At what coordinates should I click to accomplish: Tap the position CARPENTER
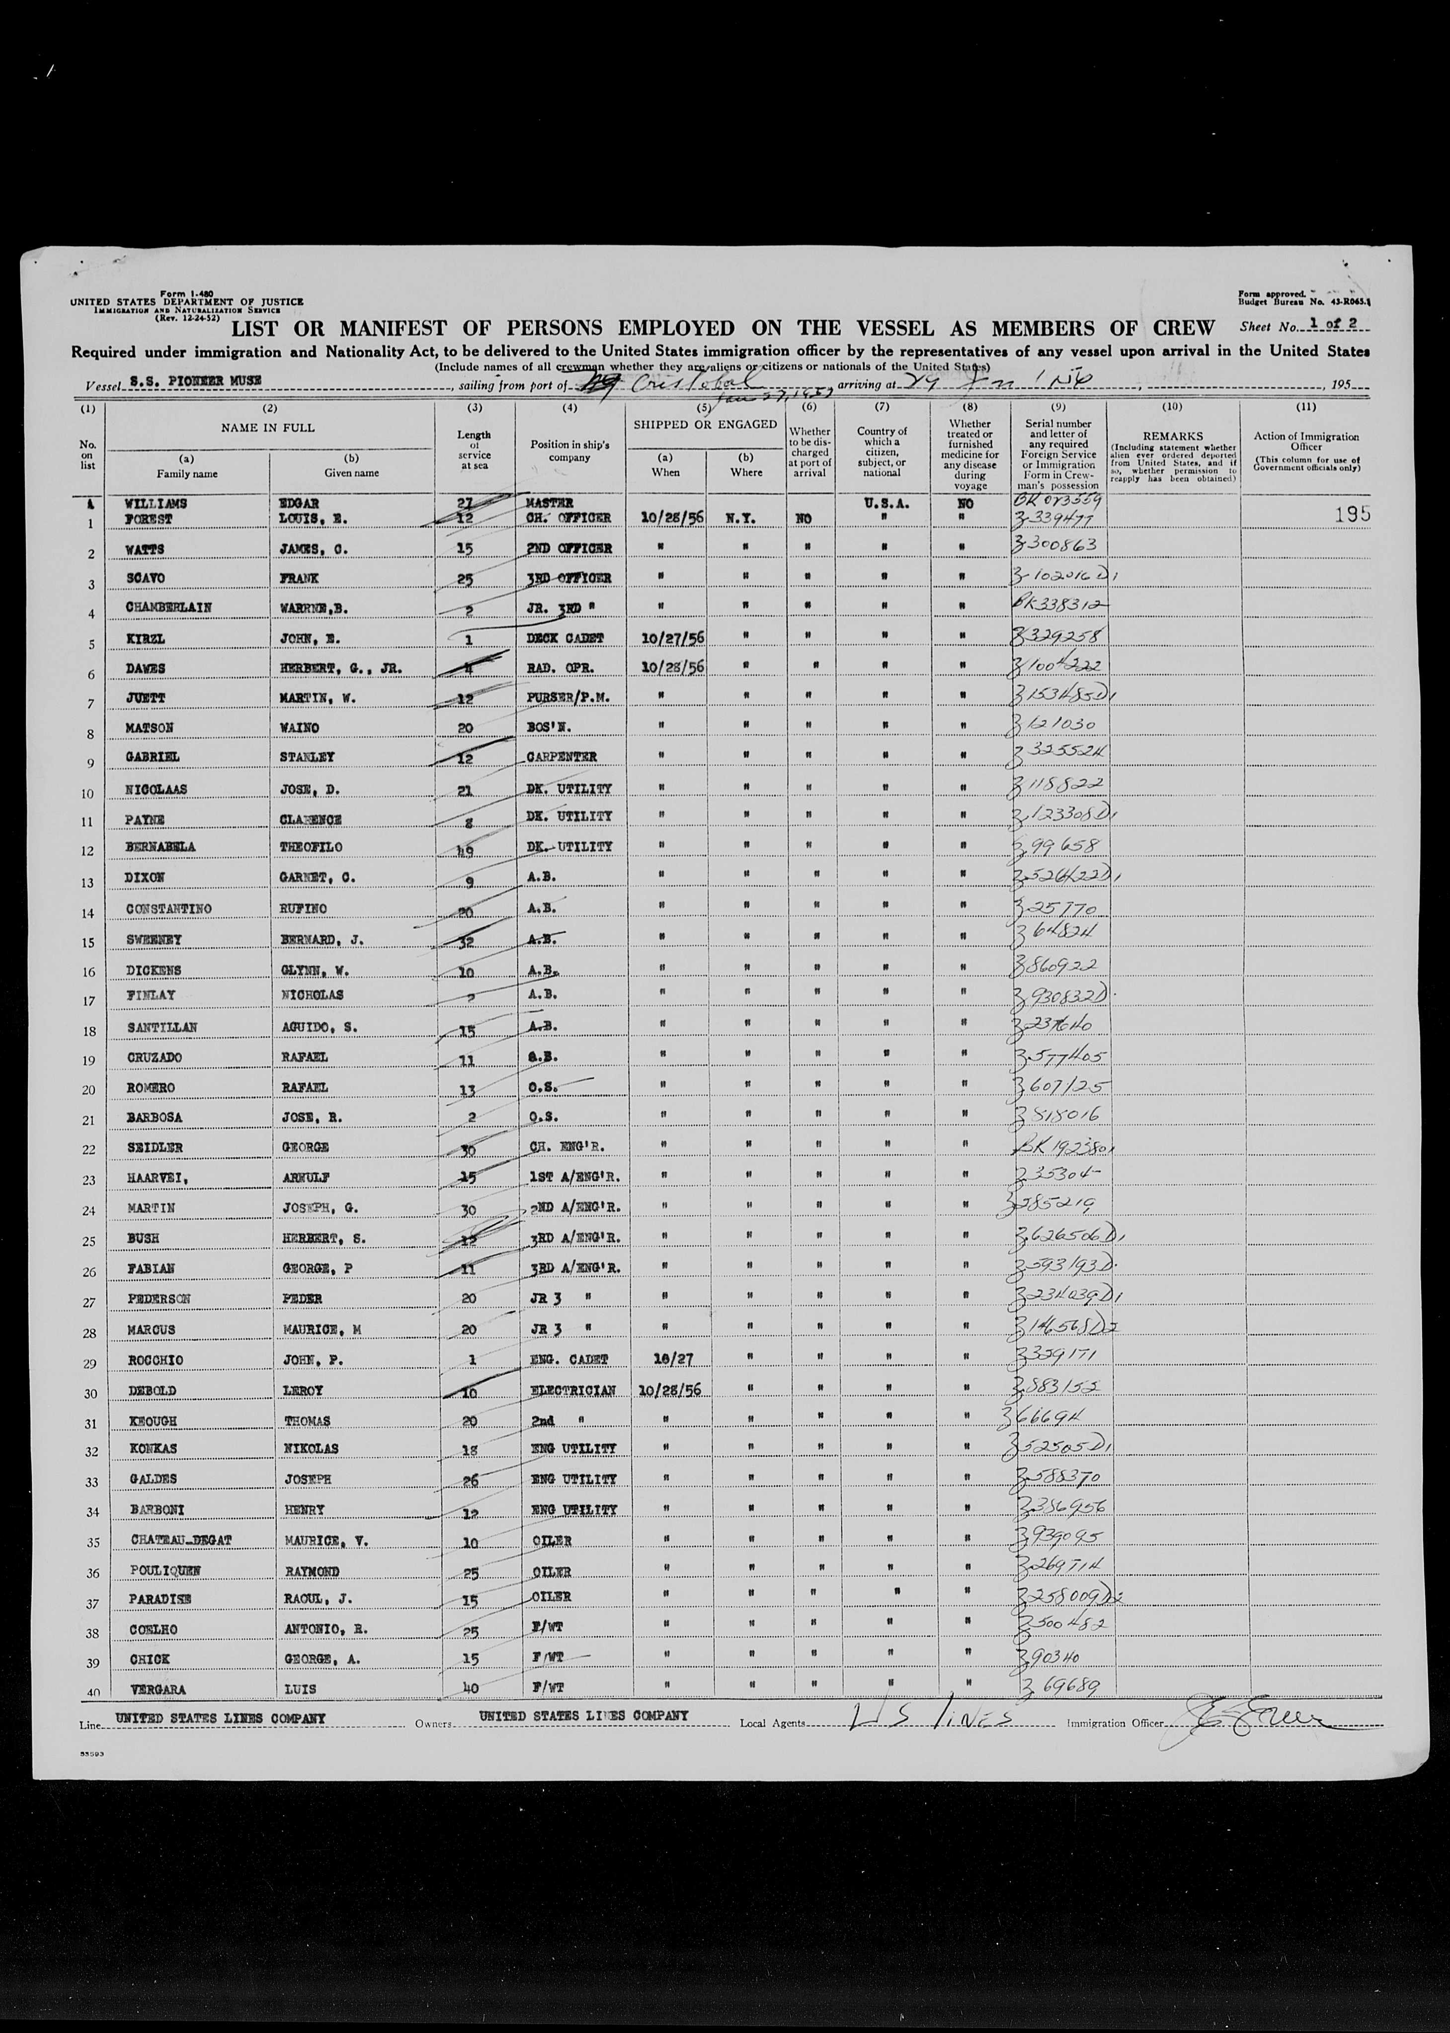tap(560, 757)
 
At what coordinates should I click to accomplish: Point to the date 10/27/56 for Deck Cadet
tap(665, 637)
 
